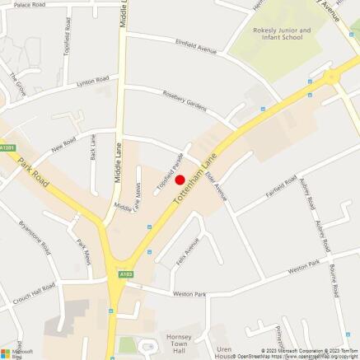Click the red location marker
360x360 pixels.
tap(180, 180)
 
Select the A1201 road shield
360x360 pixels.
tap(8, 147)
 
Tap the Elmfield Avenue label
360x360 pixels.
tap(195, 45)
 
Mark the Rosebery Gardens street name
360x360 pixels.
tap(187, 101)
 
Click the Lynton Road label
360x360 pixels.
tap(92, 81)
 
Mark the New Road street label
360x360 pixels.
tap(63, 147)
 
